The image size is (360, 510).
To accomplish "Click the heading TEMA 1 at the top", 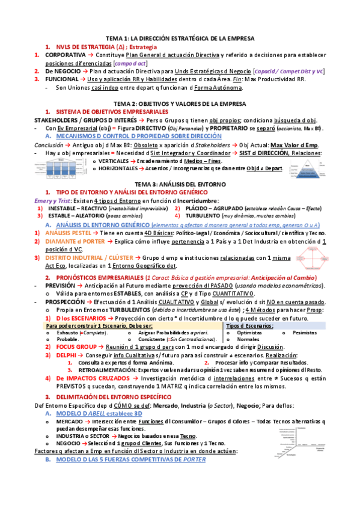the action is [180, 38].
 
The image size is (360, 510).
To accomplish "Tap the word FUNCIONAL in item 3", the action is [61, 79].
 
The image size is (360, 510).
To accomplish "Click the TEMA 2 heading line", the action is [180, 103].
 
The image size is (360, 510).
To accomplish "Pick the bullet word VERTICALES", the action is [114, 161].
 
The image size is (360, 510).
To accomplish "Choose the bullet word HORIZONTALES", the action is [118, 169].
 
